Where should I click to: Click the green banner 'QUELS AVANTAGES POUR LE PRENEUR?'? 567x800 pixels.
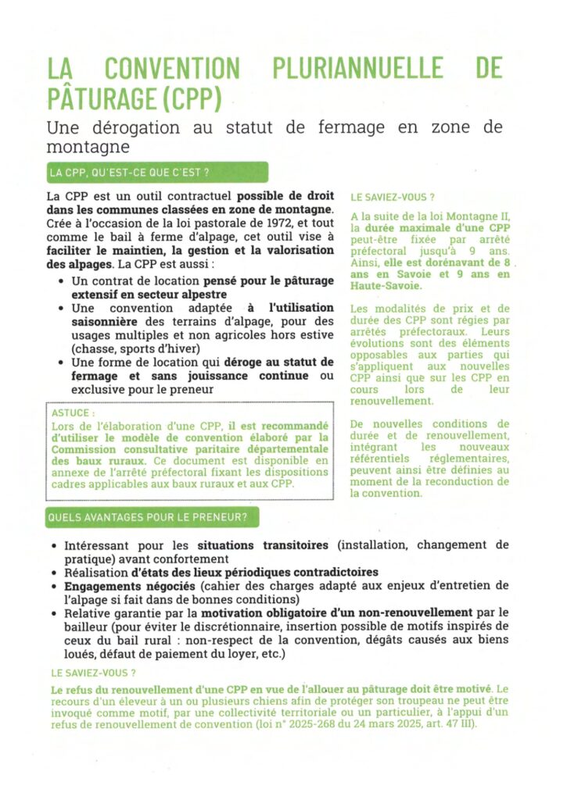point(152,517)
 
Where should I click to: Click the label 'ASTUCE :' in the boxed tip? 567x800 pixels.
point(73,412)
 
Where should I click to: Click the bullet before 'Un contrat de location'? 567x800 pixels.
point(62,279)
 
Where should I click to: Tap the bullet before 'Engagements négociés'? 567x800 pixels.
point(53,585)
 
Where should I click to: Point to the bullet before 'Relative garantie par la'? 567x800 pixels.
point(53,612)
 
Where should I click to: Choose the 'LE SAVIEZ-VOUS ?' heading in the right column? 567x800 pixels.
point(393,198)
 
